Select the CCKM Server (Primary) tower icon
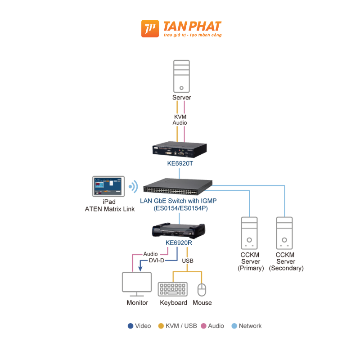(250, 233)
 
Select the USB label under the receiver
(188, 261)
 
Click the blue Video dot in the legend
(130, 326)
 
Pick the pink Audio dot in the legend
(203, 326)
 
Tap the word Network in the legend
(250, 326)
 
